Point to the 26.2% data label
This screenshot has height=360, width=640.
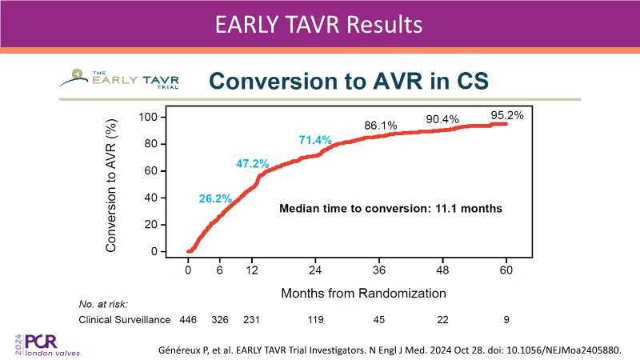pos(214,198)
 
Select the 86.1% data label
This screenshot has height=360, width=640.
pos(381,126)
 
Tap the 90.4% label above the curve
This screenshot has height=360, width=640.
pos(442,119)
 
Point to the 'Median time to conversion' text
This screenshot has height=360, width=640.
pos(390,209)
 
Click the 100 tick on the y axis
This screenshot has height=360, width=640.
pos(150,117)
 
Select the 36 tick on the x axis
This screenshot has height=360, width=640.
pos(380,269)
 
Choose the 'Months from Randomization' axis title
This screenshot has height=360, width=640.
pos(363,294)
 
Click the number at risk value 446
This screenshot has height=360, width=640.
pos(189,320)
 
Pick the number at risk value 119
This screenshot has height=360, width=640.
pos(316,320)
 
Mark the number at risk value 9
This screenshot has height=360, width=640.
pos(506,320)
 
